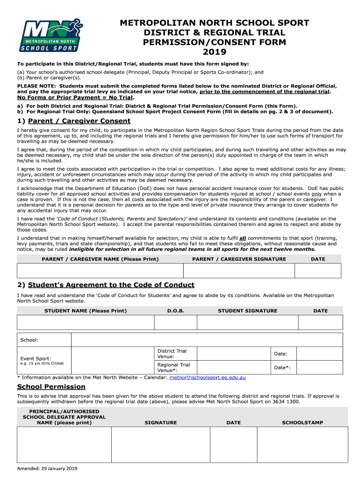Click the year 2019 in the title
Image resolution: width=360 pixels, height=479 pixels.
[x=215, y=52]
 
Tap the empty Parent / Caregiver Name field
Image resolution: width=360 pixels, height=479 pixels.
[x=100, y=271]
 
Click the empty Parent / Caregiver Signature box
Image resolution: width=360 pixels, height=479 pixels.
[x=238, y=271]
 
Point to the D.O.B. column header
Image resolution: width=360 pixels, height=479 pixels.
[x=176, y=311]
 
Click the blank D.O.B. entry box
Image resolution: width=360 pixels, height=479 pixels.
[x=176, y=322]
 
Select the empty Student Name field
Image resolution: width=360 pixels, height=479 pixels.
[x=86, y=322]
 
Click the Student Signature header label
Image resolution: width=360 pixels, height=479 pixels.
[x=247, y=311]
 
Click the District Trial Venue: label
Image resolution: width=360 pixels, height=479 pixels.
[x=172, y=354]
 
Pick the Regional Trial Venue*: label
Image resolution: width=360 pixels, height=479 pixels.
[x=174, y=368]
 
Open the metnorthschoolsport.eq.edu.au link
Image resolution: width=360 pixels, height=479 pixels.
[x=208, y=377]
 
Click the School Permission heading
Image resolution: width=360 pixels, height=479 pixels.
[x=51, y=387]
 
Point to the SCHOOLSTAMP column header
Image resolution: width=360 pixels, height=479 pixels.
[x=302, y=422]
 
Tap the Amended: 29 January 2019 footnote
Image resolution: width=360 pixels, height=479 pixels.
[x=47, y=469]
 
